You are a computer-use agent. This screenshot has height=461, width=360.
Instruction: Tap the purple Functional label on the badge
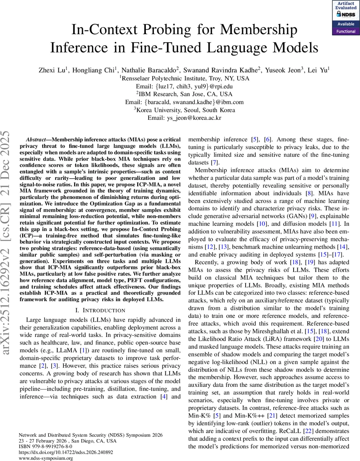[346, 32]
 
